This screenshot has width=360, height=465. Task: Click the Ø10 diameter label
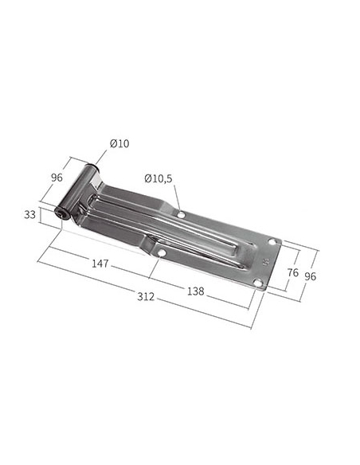(x=119, y=143)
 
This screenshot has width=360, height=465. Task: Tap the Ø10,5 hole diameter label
(x=158, y=178)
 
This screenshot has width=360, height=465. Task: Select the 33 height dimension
(x=29, y=214)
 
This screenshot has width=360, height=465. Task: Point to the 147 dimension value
(x=100, y=264)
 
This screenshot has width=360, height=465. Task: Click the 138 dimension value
(x=196, y=291)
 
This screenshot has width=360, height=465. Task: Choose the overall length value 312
(x=146, y=296)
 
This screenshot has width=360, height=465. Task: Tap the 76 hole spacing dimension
(x=292, y=272)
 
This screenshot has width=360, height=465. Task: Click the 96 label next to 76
(x=310, y=276)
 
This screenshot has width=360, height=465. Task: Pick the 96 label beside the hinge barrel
(x=57, y=178)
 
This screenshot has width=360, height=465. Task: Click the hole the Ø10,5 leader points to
(x=181, y=214)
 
